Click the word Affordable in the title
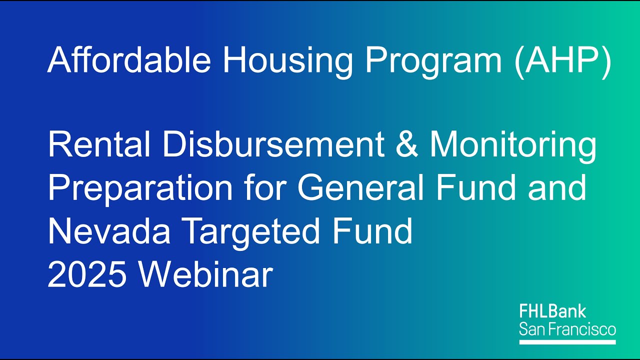(128, 60)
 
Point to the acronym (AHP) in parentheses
(562, 60)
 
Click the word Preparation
(140, 188)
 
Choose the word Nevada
(110, 231)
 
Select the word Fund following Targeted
(371, 231)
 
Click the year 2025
(86, 274)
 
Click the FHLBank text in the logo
(552, 312)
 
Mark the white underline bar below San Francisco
(567, 342)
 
